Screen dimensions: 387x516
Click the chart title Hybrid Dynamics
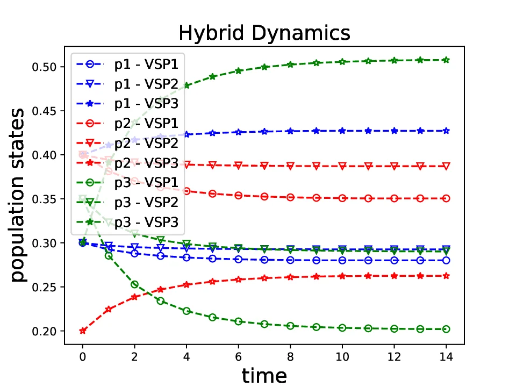[x=264, y=33]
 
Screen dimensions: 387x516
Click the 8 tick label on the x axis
[x=290, y=356]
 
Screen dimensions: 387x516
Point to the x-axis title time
[x=264, y=375]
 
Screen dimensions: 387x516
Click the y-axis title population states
[x=19, y=195]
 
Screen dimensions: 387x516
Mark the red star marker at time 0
[x=83, y=331]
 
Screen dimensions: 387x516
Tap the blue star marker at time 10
[x=342, y=131]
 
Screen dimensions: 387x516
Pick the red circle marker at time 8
[x=290, y=197]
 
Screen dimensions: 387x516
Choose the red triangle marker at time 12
[x=394, y=166]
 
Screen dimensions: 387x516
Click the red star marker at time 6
[x=238, y=279]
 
